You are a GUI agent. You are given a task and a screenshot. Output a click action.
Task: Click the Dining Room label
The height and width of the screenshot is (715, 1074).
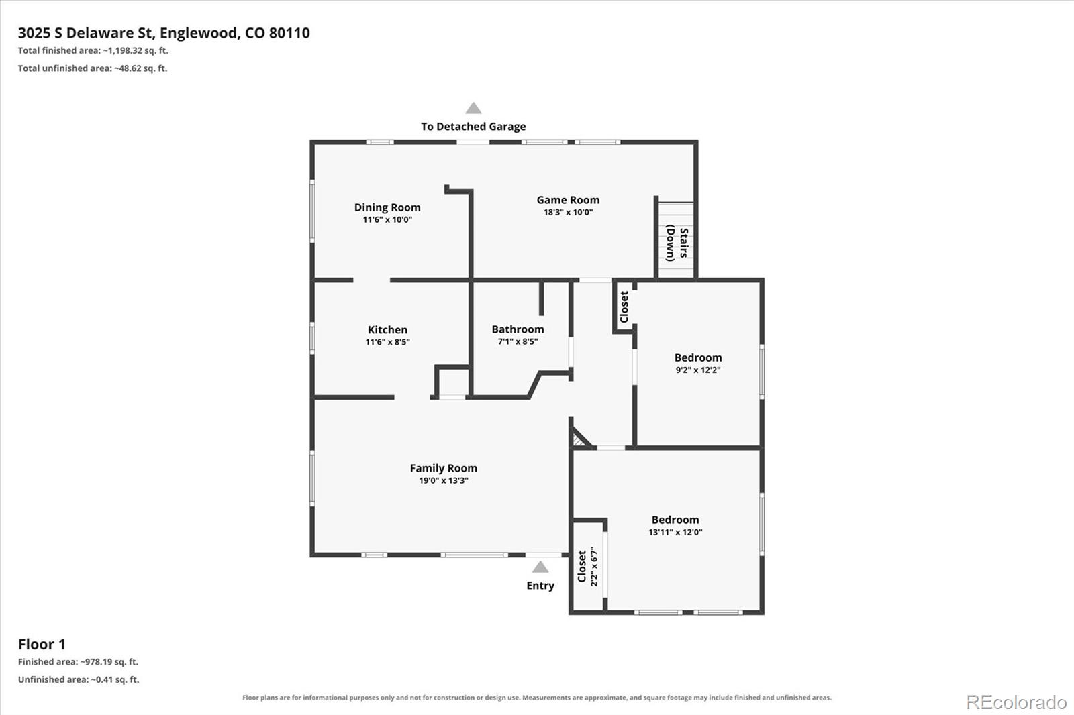pyautogui.click(x=387, y=207)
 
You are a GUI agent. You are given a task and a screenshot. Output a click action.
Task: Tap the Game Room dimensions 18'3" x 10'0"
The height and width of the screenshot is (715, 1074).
pyautogui.click(x=568, y=213)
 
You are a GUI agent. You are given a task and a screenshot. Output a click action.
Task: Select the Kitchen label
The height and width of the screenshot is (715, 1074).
pyautogui.click(x=387, y=330)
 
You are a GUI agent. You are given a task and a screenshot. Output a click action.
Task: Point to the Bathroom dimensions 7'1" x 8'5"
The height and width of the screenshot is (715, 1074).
pyautogui.click(x=518, y=341)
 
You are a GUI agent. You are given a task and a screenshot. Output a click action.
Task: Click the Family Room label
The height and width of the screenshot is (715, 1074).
pyautogui.click(x=444, y=468)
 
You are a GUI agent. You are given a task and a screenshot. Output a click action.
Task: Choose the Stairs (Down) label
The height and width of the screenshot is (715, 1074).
pyautogui.click(x=677, y=243)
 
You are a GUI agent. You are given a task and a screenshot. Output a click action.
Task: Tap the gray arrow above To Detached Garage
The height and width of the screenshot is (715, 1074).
pyautogui.click(x=473, y=108)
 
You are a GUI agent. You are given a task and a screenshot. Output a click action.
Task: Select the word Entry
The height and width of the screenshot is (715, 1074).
pyautogui.click(x=540, y=586)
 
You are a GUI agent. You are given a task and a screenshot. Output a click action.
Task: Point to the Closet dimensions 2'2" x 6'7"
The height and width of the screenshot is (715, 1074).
pyautogui.click(x=595, y=566)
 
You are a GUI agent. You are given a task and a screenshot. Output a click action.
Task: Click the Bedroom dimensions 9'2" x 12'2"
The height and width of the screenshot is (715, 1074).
pyautogui.click(x=698, y=370)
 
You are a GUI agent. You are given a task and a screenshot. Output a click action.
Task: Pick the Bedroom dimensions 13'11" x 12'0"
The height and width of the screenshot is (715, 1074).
pyautogui.click(x=675, y=532)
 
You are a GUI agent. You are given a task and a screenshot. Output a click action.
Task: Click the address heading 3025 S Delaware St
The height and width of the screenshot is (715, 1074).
pyautogui.click(x=85, y=33)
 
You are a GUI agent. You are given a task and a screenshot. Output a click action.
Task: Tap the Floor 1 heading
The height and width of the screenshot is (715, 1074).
pyautogui.click(x=42, y=644)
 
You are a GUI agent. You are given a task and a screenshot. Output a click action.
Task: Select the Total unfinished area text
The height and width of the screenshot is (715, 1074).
pyautogui.click(x=93, y=68)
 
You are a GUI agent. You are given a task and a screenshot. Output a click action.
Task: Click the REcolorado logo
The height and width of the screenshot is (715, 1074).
pyautogui.click(x=1016, y=702)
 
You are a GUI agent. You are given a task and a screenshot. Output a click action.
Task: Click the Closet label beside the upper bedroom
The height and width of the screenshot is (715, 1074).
pyautogui.click(x=624, y=307)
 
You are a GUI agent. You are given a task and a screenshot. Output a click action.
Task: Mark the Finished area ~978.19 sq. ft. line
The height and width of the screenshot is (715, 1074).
pyautogui.click(x=78, y=662)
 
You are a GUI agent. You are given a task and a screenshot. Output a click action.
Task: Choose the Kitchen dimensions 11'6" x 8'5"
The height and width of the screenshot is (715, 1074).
pyautogui.click(x=387, y=342)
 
